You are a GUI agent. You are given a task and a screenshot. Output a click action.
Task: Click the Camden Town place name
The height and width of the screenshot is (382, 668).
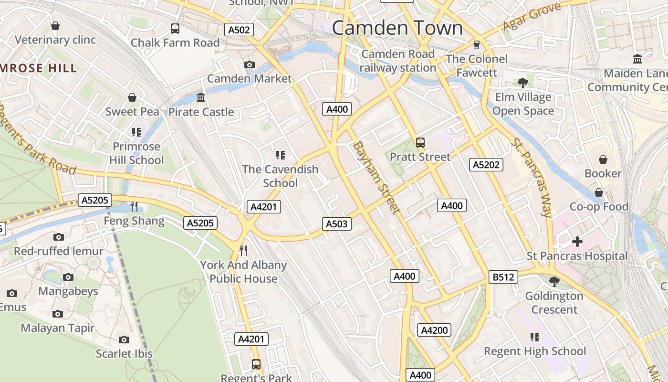coord(397,28)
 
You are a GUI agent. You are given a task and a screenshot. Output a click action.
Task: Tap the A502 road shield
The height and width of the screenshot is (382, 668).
coord(239,30)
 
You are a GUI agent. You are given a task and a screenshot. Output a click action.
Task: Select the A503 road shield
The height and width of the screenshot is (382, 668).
coord(337,223)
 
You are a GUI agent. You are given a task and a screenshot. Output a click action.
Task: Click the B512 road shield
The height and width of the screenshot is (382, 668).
coord(503,277)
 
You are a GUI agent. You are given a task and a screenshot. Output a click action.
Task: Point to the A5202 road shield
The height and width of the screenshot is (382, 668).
coord(486,165)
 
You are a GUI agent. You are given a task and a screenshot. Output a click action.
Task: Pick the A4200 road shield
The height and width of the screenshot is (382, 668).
coord(434,330)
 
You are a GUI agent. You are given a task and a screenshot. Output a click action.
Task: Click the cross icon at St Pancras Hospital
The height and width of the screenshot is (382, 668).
coord(577,242)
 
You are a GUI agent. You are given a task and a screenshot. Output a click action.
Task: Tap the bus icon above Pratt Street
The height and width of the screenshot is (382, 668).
coord(420,142)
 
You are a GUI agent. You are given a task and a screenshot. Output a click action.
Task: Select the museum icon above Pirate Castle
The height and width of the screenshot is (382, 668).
coord(201,98)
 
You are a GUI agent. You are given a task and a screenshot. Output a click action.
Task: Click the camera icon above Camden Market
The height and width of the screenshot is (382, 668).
coord(249,64)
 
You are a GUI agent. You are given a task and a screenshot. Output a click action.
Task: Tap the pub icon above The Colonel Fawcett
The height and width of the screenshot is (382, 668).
coord(476,45)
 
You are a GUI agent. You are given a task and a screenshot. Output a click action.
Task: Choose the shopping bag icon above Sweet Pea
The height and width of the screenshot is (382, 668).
coord(132,98)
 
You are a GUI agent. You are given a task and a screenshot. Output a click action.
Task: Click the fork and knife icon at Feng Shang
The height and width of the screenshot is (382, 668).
coord(134,207)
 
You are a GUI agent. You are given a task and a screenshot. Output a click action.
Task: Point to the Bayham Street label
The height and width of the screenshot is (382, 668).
coord(376,177)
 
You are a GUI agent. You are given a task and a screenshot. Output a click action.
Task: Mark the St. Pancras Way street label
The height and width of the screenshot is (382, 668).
coord(532,177)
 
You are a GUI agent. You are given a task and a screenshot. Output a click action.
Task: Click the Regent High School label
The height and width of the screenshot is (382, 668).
coord(535,351)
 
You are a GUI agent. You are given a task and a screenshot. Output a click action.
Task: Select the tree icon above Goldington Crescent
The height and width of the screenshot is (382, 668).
coord(554,282)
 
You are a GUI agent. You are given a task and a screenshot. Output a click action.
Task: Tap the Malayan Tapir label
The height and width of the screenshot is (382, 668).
coord(58,328)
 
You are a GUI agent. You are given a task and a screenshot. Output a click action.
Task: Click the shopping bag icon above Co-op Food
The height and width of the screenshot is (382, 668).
coord(599,192)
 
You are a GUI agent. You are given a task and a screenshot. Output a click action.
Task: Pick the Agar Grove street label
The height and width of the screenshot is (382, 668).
coord(532,17)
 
